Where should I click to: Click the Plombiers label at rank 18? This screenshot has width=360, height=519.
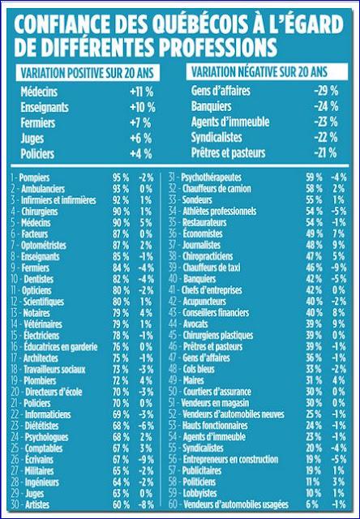coord(39,378)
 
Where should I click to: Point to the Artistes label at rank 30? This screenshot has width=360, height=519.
coord(36,503)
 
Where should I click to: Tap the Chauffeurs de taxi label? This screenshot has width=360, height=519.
coord(221,265)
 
